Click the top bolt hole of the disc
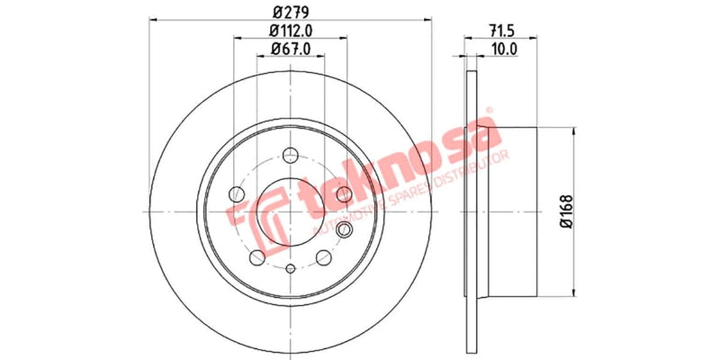pyautogui.click(x=290, y=154)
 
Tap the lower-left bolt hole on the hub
pyautogui.click(x=257, y=257)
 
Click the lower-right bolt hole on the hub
pyautogui.click(x=322, y=257)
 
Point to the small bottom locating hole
pyautogui.click(x=290, y=269)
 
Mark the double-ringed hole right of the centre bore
pyautogui.click(x=343, y=231)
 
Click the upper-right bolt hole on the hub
pyautogui.click(x=342, y=193)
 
